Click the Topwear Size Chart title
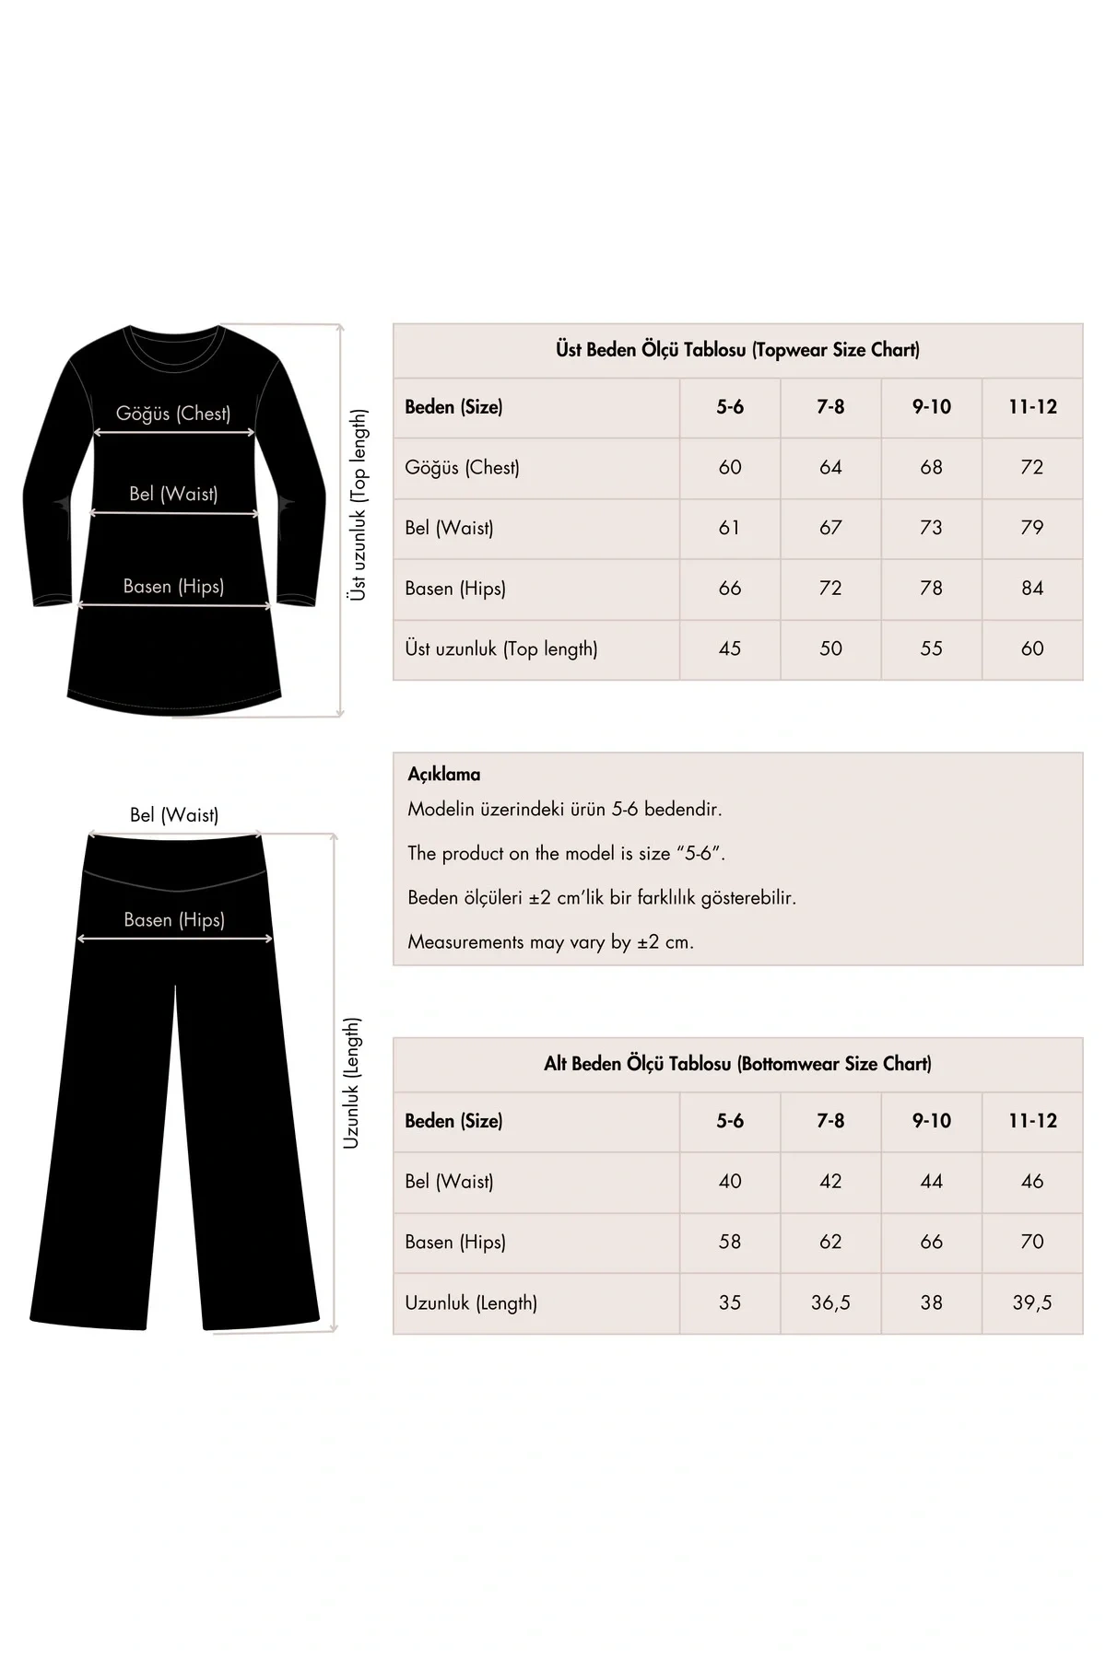click(737, 350)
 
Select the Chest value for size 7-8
click(830, 468)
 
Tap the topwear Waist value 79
click(1031, 528)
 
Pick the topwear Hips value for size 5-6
click(729, 589)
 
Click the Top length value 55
click(931, 649)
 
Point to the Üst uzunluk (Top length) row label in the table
click(500, 649)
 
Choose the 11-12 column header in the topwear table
click(1031, 407)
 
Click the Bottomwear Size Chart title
click(737, 1064)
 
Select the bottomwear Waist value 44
click(931, 1182)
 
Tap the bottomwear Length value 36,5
click(830, 1303)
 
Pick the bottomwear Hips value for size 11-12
click(1031, 1243)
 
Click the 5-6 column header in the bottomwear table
click(729, 1121)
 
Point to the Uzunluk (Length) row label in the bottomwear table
click(470, 1303)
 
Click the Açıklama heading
click(443, 775)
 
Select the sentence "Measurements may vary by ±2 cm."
click(550, 942)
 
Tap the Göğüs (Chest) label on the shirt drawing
click(173, 414)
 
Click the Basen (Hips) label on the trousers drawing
click(174, 920)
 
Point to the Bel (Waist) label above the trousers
click(174, 815)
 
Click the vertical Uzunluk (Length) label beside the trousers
click(352, 1083)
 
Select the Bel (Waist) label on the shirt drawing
click(173, 494)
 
